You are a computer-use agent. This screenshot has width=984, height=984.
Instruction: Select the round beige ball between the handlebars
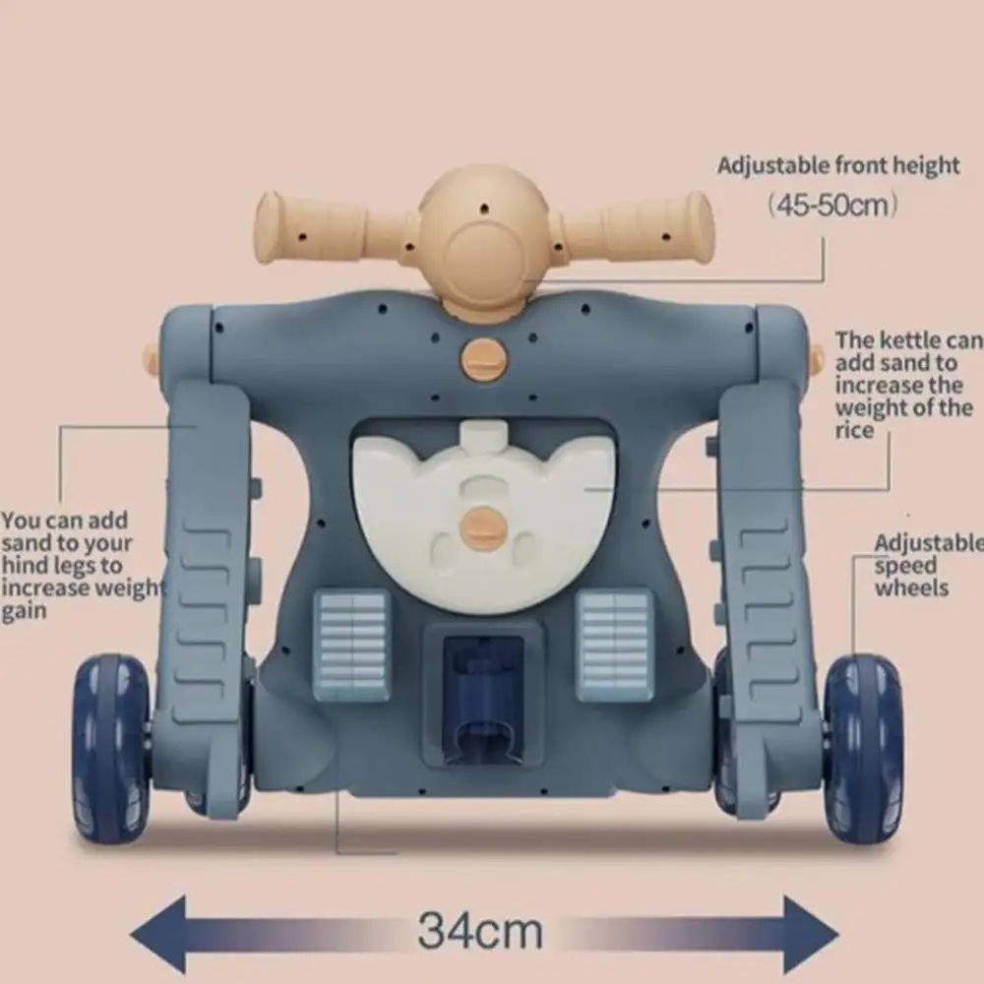483,236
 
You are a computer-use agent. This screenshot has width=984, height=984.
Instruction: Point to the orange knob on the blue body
483,358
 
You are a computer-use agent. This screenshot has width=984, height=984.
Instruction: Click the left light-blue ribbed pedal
352,646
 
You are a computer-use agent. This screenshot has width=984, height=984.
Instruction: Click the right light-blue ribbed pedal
614,646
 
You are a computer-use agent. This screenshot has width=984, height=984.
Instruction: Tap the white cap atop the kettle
483,434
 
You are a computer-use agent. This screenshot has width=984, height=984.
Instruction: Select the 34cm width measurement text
480,931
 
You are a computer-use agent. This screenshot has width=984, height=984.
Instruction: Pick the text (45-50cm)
832,205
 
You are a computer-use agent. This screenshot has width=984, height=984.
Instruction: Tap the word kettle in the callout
909,340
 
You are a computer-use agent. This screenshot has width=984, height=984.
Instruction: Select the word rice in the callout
855,431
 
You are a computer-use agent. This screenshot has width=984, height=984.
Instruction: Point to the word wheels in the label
911,588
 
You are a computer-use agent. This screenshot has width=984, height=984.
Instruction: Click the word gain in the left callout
24,611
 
